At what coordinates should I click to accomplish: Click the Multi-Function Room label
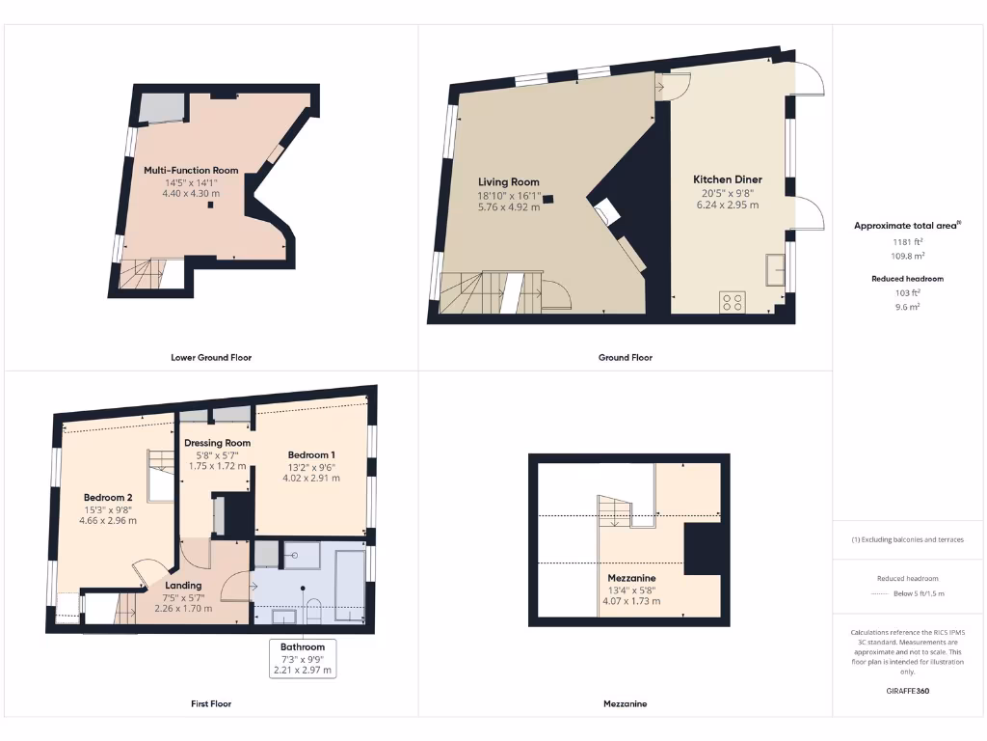pyautogui.click(x=191, y=171)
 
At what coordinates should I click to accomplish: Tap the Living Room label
pyautogui.click(x=509, y=181)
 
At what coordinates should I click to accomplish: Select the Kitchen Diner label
pyautogui.click(x=728, y=179)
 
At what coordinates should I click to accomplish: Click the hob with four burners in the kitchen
pyautogui.click(x=732, y=302)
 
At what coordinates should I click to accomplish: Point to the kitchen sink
pyautogui.click(x=774, y=270)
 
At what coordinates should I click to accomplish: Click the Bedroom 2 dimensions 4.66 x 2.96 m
pyautogui.click(x=108, y=520)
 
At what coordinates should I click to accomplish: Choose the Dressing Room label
pyautogui.click(x=218, y=443)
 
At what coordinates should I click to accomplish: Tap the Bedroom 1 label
pyautogui.click(x=311, y=453)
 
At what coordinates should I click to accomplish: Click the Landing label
pyautogui.click(x=183, y=585)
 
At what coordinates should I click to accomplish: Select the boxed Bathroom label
pyautogui.click(x=303, y=646)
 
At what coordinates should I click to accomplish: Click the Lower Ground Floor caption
pyautogui.click(x=211, y=357)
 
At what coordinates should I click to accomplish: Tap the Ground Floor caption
pyautogui.click(x=625, y=357)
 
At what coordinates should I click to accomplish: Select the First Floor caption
pyautogui.click(x=211, y=703)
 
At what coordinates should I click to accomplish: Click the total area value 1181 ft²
pyautogui.click(x=906, y=242)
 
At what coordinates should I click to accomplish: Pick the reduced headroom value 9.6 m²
pyautogui.click(x=906, y=306)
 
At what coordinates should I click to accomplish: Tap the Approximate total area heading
pyautogui.click(x=906, y=225)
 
